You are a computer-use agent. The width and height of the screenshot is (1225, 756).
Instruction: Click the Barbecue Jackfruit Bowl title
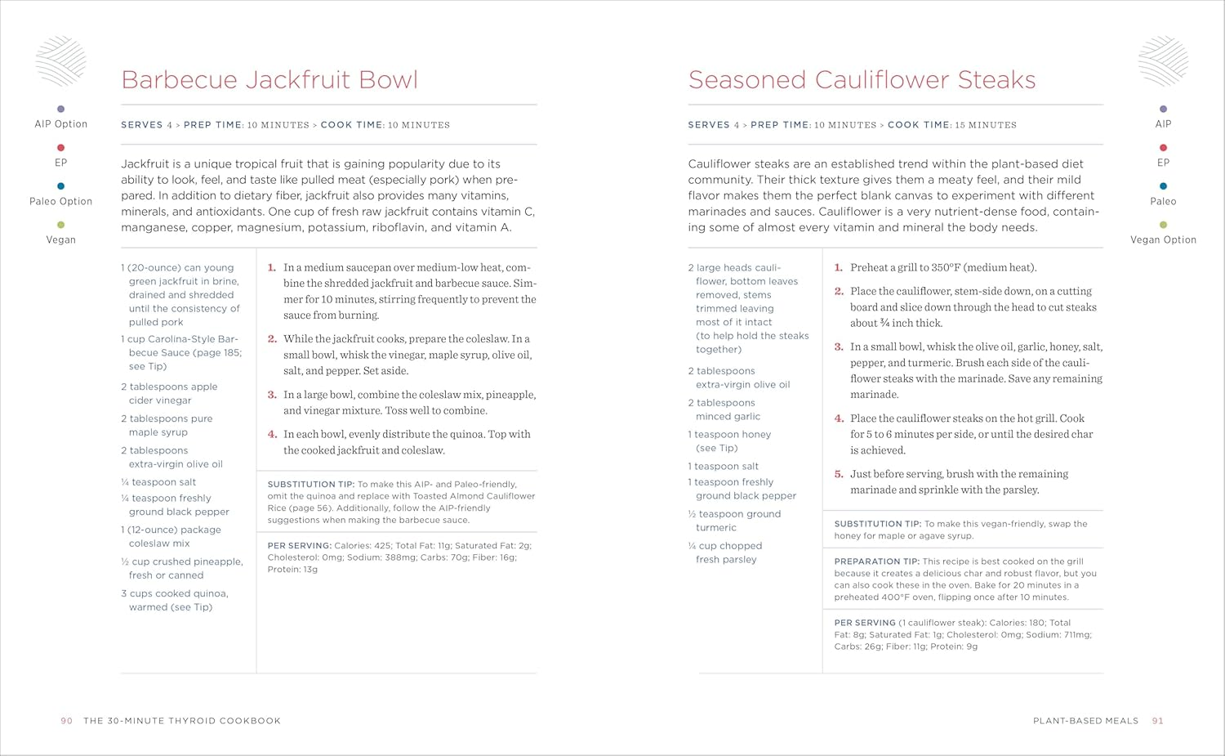point(269,80)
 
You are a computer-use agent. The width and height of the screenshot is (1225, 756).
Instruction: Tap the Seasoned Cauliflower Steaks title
point(862,80)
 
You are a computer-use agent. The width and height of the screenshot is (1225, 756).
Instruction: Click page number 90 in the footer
point(67,721)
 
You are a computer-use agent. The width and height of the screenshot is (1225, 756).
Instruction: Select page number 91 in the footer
point(1157,721)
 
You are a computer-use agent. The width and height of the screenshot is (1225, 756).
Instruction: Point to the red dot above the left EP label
point(60,148)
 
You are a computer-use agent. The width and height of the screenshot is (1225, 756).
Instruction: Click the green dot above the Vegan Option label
point(1163,225)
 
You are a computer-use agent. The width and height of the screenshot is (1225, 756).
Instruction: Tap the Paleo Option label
point(60,202)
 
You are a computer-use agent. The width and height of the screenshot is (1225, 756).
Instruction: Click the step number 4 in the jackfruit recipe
point(272,435)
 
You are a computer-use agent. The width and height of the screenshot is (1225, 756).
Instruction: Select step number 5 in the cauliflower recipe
point(839,474)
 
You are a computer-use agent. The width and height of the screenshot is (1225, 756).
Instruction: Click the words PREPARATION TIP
point(876,561)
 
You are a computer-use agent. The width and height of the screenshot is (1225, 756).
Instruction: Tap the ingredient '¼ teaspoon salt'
point(158,482)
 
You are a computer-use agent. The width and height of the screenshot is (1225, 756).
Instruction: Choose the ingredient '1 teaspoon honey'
point(729,435)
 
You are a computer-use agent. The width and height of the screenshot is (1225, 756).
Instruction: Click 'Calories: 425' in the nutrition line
point(363,546)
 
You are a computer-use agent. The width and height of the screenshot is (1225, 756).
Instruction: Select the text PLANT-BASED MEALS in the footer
point(1085,721)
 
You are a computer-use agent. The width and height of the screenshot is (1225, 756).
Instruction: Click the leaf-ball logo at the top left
point(60,61)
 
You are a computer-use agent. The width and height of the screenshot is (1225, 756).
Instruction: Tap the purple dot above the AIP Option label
point(60,109)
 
